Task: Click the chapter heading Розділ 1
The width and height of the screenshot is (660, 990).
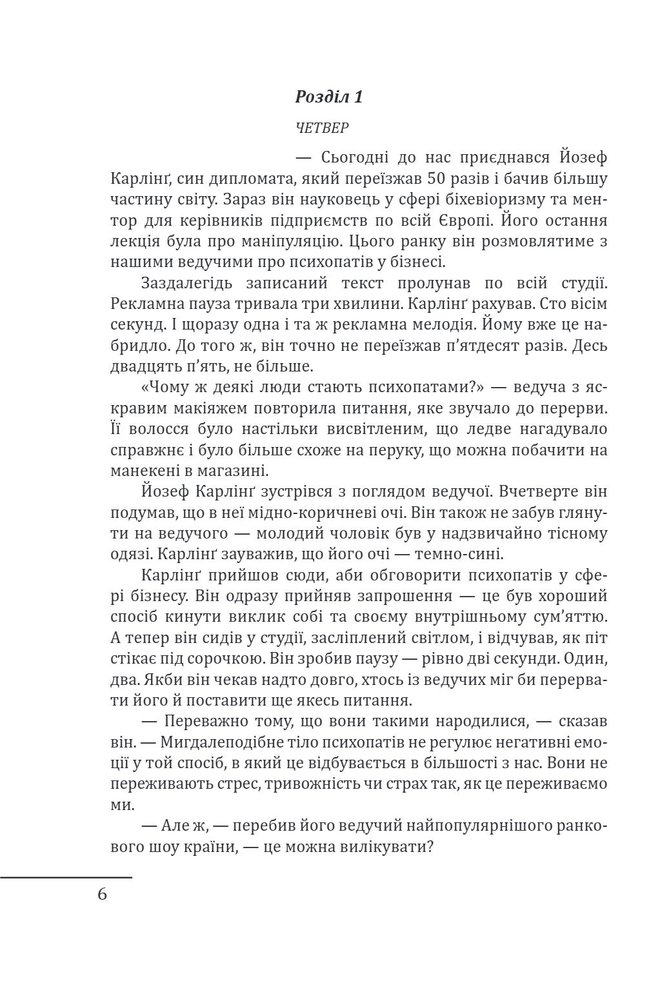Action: point(329,97)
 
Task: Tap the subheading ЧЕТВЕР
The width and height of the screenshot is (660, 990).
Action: point(322,128)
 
